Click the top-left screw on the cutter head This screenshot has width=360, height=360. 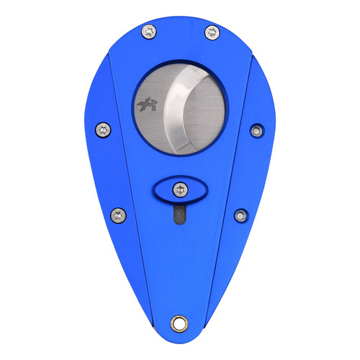[149, 30]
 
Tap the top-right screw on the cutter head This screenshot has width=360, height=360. [211, 31]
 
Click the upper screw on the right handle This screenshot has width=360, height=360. [256, 130]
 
